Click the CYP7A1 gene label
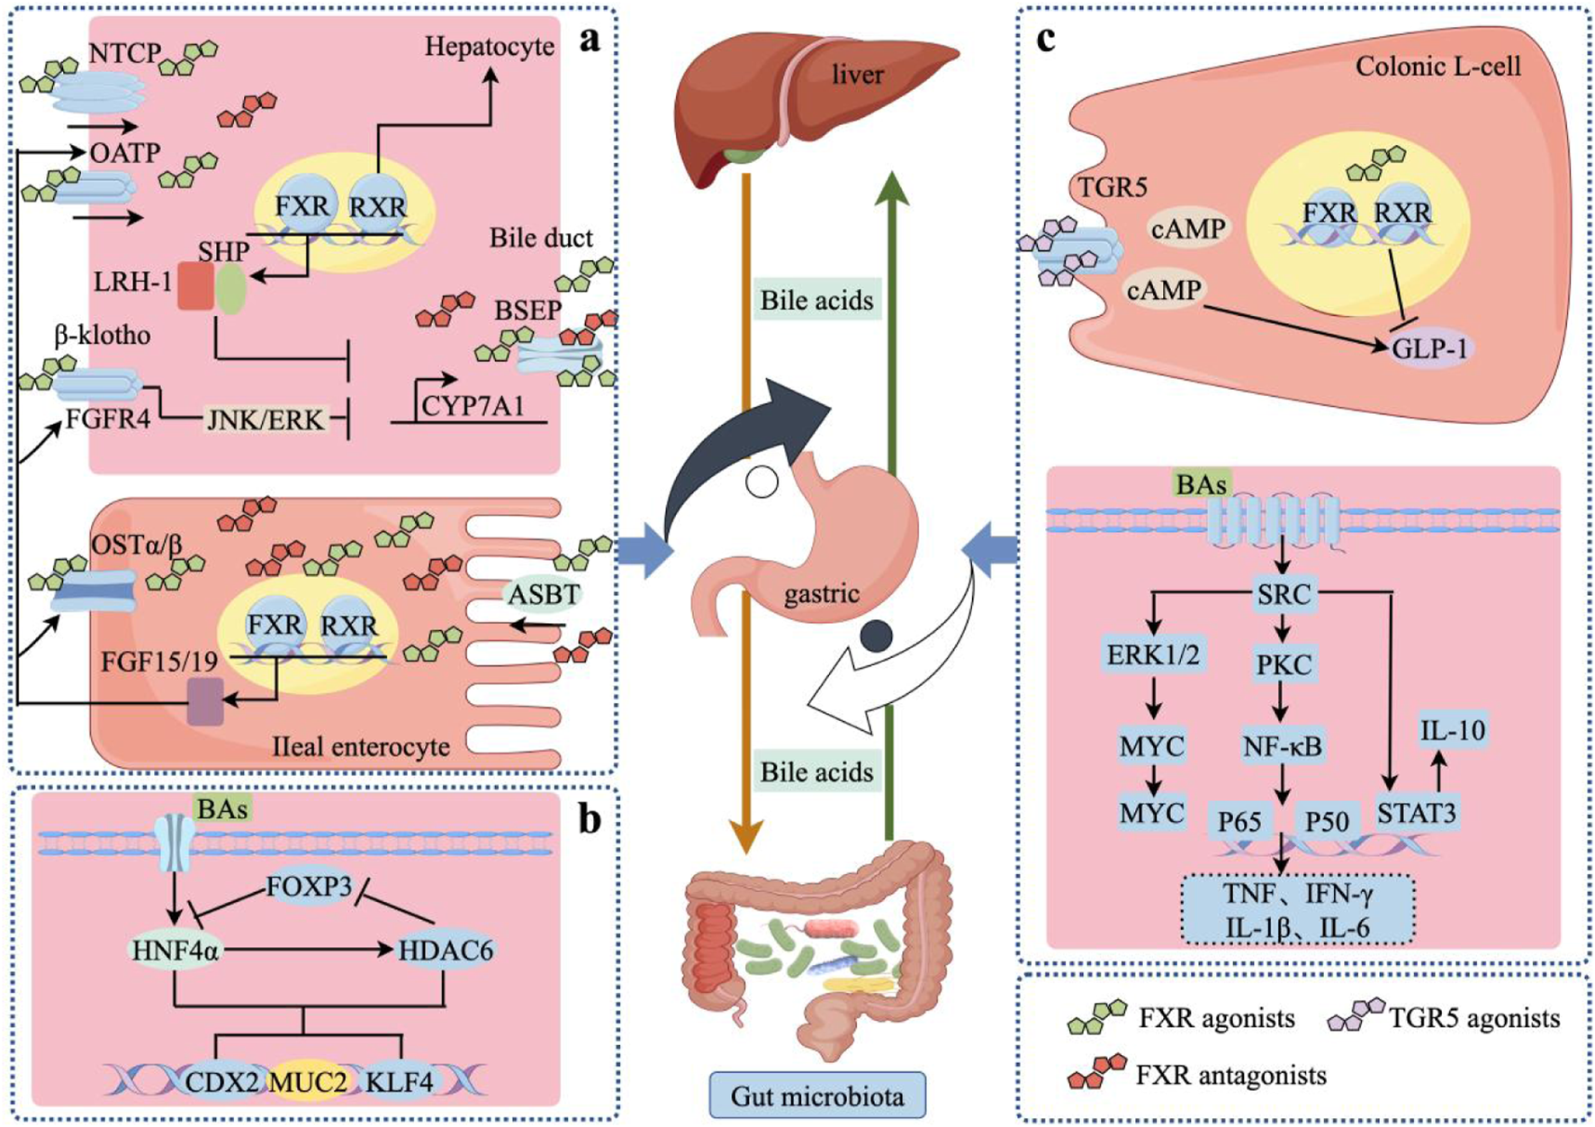click(x=472, y=406)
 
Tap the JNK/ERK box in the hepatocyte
click(x=265, y=419)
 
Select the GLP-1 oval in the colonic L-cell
click(x=1429, y=347)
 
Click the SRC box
click(x=1284, y=594)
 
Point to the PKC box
click(x=1284, y=664)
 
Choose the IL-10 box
click(x=1452, y=729)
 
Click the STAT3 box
click(x=1416, y=813)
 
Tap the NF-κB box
click(x=1283, y=746)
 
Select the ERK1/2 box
click(x=1153, y=654)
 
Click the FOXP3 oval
click(x=309, y=887)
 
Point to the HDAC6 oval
click(x=446, y=951)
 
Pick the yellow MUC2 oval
click(x=308, y=1081)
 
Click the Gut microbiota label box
click(x=817, y=1095)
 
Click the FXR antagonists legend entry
click(x=1230, y=1075)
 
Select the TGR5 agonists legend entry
click(x=1473, y=1018)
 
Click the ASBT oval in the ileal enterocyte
click(x=543, y=594)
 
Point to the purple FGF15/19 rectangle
click(x=205, y=702)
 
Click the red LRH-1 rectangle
click(x=195, y=286)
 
